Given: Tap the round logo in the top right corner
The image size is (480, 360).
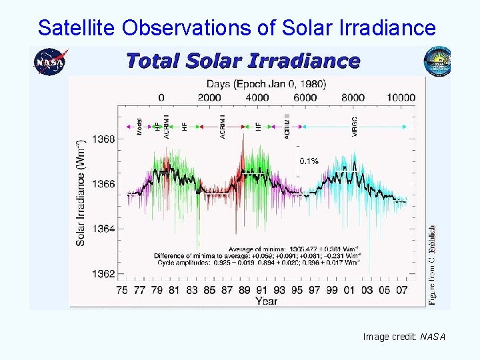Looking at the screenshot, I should pos(437,62).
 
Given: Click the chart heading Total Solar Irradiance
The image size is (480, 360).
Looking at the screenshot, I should pos(243,61).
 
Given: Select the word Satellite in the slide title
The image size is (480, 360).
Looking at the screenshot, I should pos(65,27).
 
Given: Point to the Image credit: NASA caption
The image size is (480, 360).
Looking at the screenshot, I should pos(403,337).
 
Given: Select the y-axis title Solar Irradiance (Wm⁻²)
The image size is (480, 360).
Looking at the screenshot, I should pos(81,192).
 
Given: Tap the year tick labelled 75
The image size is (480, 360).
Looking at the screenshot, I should pos(122,289).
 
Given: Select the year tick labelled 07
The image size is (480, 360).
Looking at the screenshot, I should pos(401,289).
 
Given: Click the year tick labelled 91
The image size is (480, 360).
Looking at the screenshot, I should pos(261,289).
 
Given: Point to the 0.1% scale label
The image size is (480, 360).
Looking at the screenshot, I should pos(309,161).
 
